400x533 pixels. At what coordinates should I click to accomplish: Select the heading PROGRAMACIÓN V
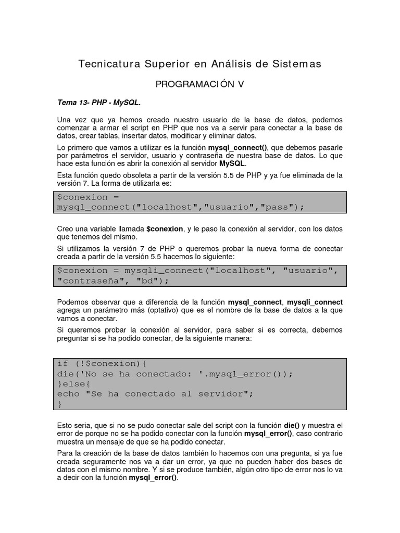click(200, 84)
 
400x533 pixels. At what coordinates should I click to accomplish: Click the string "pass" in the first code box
click(281, 207)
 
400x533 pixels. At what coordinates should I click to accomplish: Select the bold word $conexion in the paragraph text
click(165, 229)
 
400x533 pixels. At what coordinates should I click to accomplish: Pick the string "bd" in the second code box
click(148, 281)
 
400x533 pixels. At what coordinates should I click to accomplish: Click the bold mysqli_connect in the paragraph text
click(315, 302)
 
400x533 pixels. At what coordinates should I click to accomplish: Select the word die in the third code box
click(65, 374)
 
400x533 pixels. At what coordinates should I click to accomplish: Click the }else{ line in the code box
click(73, 384)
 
